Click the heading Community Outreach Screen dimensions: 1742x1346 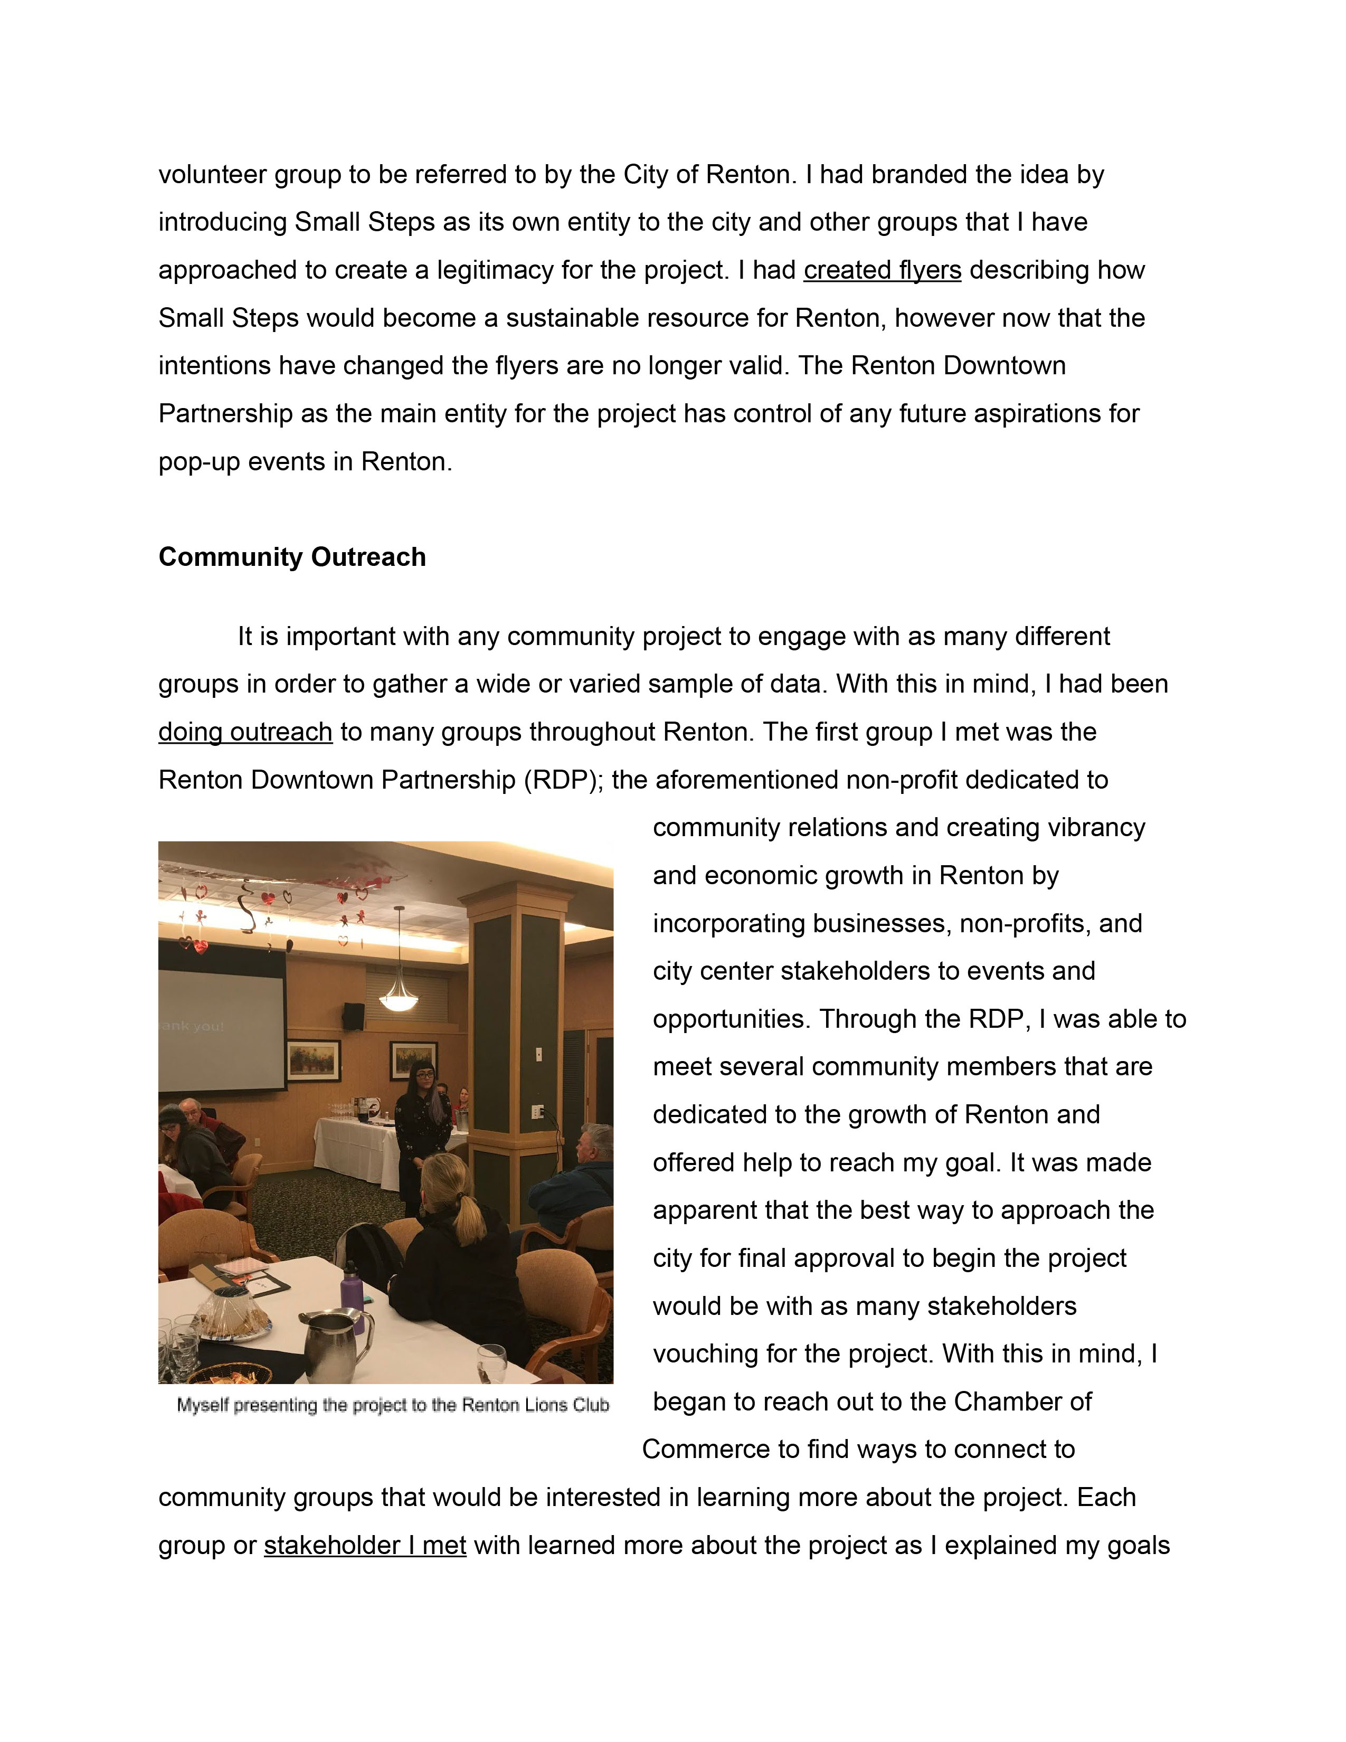(x=292, y=557)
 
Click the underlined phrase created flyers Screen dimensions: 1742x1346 (x=882, y=270)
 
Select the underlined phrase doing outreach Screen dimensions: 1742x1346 (x=245, y=732)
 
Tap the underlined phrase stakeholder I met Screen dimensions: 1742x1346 (x=364, y=1546)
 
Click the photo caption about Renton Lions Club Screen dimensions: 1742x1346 (x=392, y=1405)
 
